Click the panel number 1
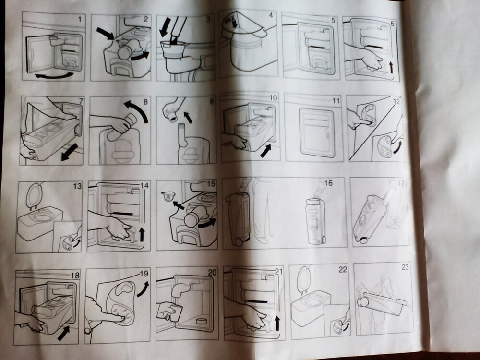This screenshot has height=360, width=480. coord(80,20)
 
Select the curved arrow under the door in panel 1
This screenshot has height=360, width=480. coord(54,75)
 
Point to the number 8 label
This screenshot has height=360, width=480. coord(145,102)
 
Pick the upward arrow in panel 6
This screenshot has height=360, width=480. coord(391,67)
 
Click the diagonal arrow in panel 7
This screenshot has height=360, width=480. coord(70,153)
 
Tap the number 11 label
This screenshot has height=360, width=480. coord(336,101)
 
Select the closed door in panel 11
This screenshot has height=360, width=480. coord(316,132)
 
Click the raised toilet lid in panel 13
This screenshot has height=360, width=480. coord(33,196)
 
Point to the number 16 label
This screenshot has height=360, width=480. coord(328,183)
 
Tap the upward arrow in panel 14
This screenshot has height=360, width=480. coord(142,234)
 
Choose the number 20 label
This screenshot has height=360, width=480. coord(212,272)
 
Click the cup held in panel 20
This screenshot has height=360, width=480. coord(175,313)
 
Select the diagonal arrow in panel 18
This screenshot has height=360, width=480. coord(63,333)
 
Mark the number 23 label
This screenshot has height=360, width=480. coord(405,267)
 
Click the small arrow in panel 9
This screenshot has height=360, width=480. coord(188,118)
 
